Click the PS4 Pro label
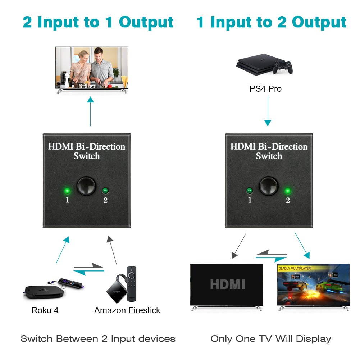click(x=265, y=88)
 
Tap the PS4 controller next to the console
click(x=282, y=67)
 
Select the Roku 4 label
click(x=45, y=310)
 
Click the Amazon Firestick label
click(x=127, y=310)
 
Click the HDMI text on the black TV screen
click(x=227, y=284)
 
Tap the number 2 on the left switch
click(x=105, y=200)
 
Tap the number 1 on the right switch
click(x=250, y=200)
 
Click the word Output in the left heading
click(x=146, y=22)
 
